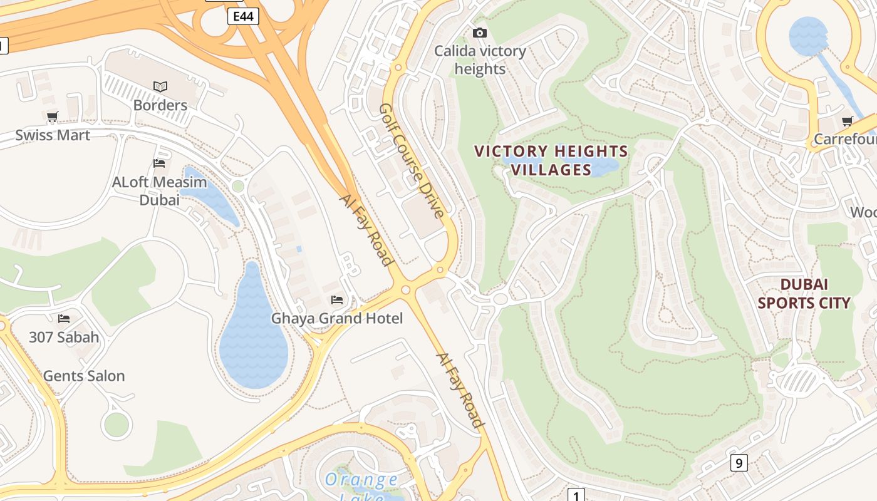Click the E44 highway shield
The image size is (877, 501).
pos(242,16)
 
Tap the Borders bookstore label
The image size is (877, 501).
pos(160,105)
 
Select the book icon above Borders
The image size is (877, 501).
pos(160,86)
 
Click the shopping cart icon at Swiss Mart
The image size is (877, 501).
pos(53,117)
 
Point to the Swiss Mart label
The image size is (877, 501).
pos(53,135)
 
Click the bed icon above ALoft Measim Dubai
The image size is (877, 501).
pos(159,163)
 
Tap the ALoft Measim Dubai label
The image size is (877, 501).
pos(159,191)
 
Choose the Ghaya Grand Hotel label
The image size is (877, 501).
pos(336,319)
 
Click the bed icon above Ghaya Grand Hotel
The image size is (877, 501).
pos(337,300)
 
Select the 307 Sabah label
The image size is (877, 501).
pos(64,338)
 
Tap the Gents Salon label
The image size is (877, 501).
pos(84,376)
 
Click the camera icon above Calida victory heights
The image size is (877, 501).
pos(480,33)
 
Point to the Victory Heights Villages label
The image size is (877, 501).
pos(551,160)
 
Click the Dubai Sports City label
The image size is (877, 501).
pos(804,294)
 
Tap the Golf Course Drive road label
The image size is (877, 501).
pos(412,160)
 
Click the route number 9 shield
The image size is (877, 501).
pos(739,463)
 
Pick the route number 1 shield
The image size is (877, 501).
pos(576,495)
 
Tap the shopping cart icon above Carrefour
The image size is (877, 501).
pos(848,121)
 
